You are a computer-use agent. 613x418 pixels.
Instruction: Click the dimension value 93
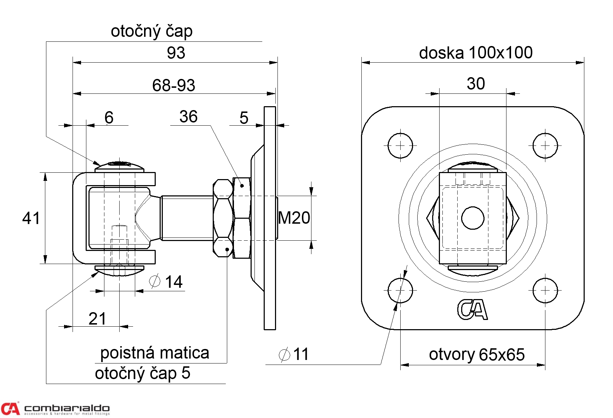[x=176, y=53]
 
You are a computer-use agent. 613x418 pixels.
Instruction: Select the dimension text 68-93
[x=173, y=85]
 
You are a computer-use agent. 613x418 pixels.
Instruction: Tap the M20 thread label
[x=294, y=218]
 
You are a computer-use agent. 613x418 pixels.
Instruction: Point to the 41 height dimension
[x=31, y=218]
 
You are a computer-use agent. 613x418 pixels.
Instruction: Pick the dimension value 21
[x=97, y=319]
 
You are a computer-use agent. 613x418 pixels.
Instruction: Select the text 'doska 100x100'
[x=476, y=53]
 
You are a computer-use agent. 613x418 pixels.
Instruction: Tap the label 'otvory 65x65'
[x=477, y=354]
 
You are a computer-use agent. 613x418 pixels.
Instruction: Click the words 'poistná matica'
[x=155, y=353]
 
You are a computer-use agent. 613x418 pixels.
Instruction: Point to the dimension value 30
[x=476, y=84]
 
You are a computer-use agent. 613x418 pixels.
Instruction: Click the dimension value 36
[x=188, y=116]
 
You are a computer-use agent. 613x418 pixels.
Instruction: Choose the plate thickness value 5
[x=244, y=118]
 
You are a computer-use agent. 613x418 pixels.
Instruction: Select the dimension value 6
[x=109, y=118]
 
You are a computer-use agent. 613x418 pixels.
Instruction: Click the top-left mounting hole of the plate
[x=400, y=145]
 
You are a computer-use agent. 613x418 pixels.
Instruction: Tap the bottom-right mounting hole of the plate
[x=545, y=291]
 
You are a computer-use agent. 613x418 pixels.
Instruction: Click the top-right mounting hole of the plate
[x=545, y=145]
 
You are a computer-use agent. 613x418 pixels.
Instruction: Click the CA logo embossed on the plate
[x=472, y=310]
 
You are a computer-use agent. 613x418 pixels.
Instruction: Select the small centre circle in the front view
[x=473, y=218]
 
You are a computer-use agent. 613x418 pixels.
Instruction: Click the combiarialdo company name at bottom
[x=67, y=408]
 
